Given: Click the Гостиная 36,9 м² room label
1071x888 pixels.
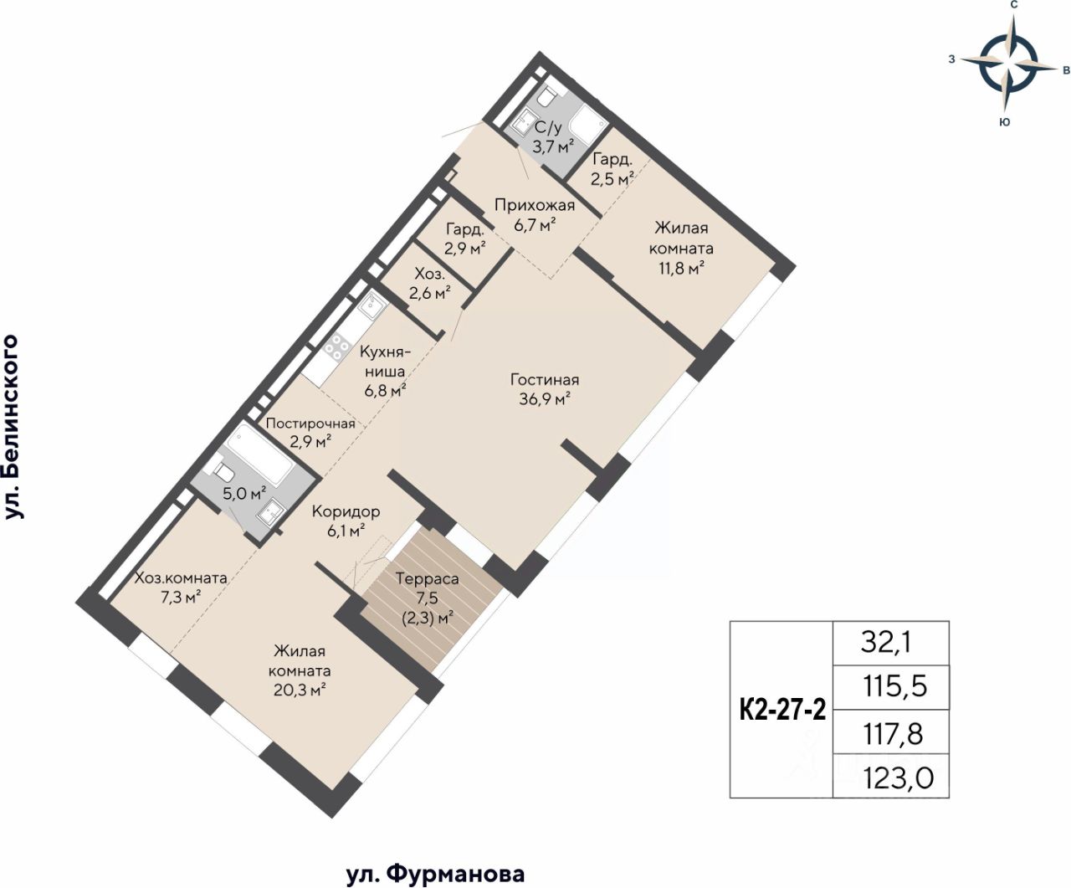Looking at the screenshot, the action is tap(545, 389).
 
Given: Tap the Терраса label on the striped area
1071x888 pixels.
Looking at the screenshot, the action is tap(427, 579).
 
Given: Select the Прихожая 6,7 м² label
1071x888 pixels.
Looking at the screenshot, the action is tap(535, 215).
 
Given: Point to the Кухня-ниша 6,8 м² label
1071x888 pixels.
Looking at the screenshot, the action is tap(385, 372).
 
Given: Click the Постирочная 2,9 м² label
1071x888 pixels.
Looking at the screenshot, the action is tap(310, 432).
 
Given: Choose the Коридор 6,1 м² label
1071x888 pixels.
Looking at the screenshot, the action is tap(346, 521).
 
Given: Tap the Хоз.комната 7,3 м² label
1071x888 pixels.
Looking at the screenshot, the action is tap(181, 588).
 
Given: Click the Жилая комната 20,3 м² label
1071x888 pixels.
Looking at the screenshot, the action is tap(301, 671).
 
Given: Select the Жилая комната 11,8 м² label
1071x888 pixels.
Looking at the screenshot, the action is tap(681, 249).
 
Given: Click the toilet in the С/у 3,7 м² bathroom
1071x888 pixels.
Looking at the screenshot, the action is tap(546, 98).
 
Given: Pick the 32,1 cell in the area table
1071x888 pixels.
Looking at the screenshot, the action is tap(890, 643).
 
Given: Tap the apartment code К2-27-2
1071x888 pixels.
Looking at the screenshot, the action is tap(782, 711).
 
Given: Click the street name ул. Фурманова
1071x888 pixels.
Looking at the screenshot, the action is tap(436, 874).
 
